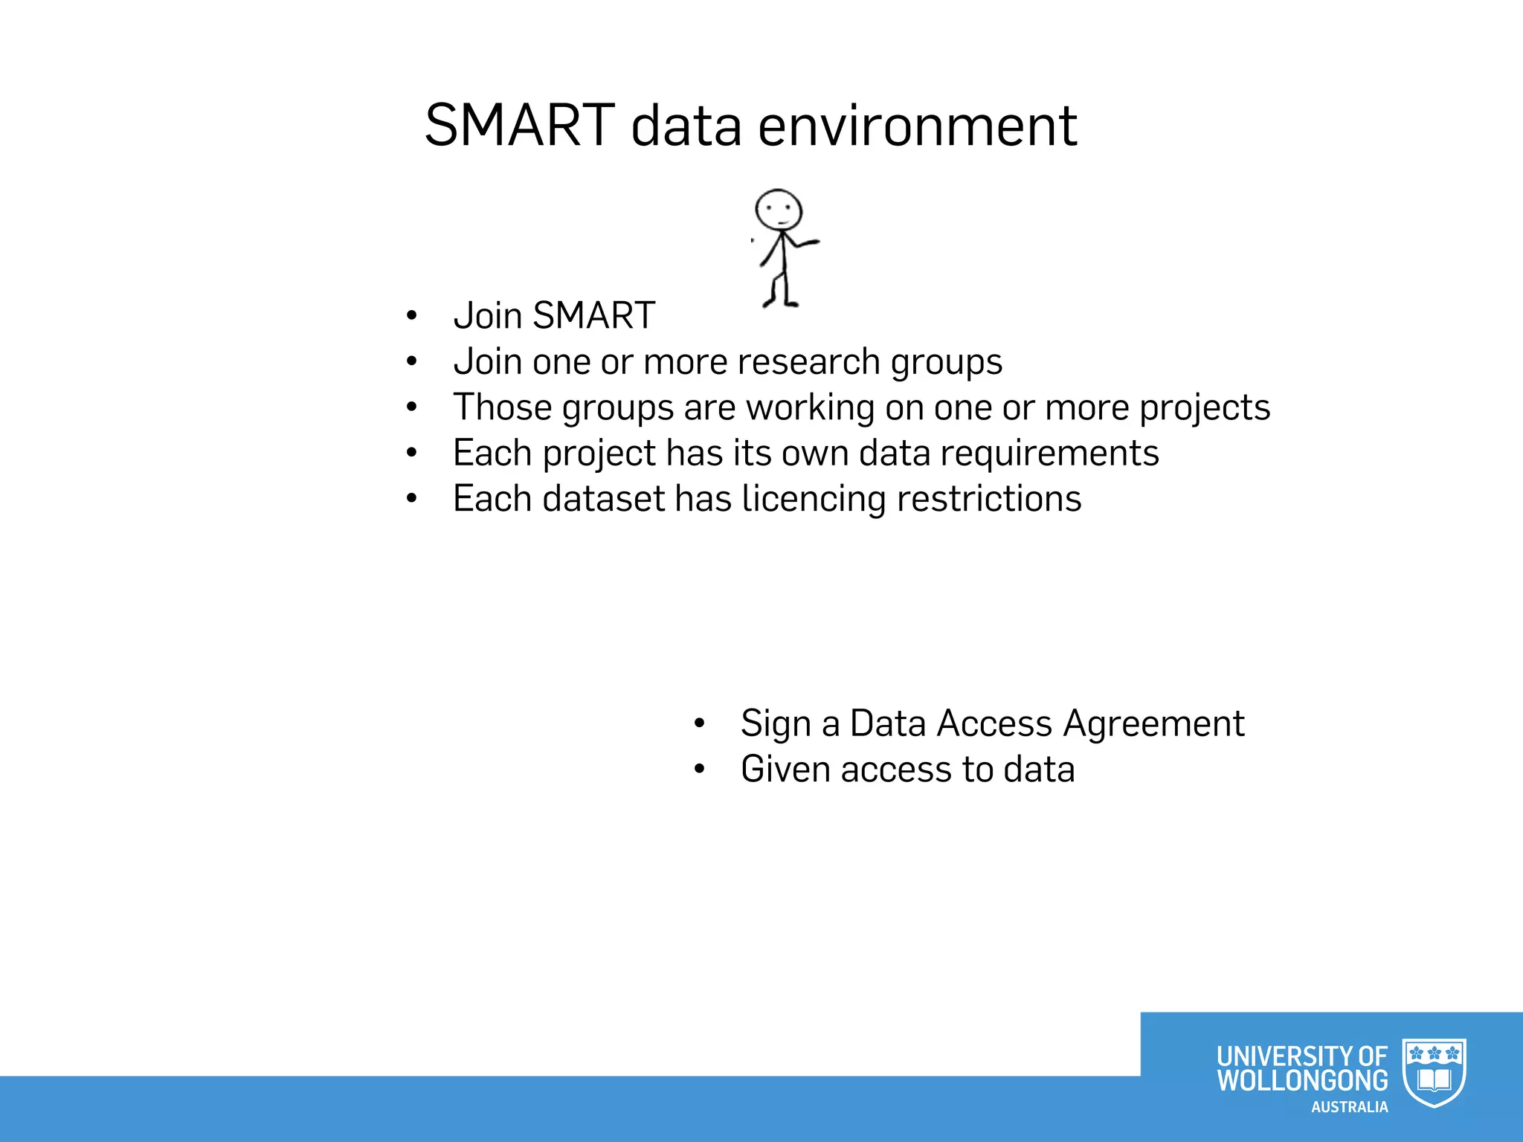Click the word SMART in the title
point(519,125)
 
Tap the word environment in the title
point(918,126)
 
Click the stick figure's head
point(779,210)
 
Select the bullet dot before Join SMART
point(412,317)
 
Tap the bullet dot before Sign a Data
point(699,724)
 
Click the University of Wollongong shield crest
point(1434,1073)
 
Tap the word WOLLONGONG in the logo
point(1302,1080)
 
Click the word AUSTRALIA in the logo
point(1349,1107)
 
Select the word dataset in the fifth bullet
point(603,499)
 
